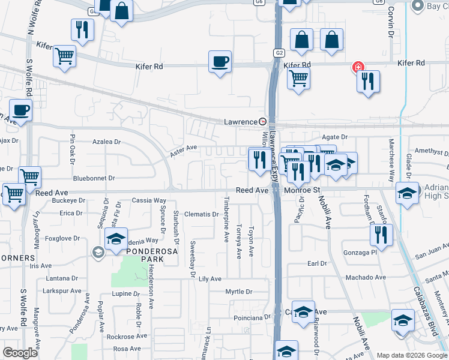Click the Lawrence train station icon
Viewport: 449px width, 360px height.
coord(262,121)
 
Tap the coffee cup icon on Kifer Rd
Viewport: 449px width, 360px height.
coord(220,62)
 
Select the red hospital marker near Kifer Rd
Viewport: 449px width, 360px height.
coord(358,67)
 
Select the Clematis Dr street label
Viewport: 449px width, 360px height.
coord(200,214)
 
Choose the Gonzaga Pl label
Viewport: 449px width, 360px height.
coord(359,253)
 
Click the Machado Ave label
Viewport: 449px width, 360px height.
coord(364,277)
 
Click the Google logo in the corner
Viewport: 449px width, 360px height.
coord(20,353)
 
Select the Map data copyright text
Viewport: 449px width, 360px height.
coord(412,355)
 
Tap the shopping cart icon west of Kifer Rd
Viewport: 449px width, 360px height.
coord(64,56)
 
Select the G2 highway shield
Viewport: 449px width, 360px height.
coord(279,52)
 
